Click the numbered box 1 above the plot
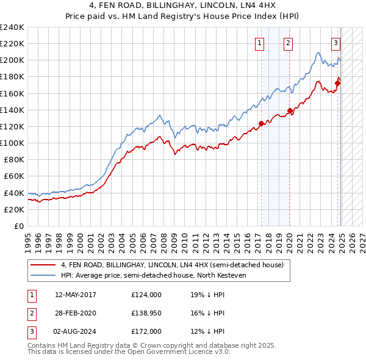pos(260,43)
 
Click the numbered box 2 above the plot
pos(287,43)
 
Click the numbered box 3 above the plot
pos(335,43)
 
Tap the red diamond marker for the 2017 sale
pos(261,123)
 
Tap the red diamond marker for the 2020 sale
pos(290,111)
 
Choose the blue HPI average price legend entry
pos(161,275)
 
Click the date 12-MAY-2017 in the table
pos(76,295)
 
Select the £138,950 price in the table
pos(146,313)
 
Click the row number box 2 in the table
pos(31,313)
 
